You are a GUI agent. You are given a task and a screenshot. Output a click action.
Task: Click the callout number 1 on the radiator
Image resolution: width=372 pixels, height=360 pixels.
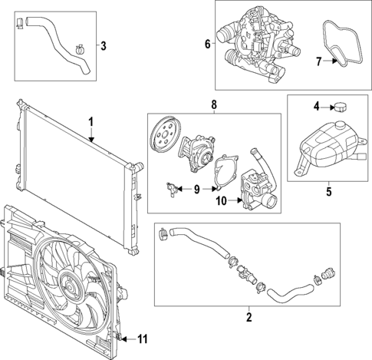[x=90, y=122]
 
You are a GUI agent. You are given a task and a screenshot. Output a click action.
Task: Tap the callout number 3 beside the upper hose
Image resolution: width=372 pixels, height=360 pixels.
[x=104, y=45]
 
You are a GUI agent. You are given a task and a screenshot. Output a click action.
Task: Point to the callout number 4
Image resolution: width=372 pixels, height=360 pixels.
[x=315, y=105]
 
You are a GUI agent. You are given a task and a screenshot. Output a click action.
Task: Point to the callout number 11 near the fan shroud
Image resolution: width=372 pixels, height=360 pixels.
[x=142, y=339]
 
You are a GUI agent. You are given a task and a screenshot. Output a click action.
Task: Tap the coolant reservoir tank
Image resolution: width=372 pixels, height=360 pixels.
[x=328, y=147]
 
